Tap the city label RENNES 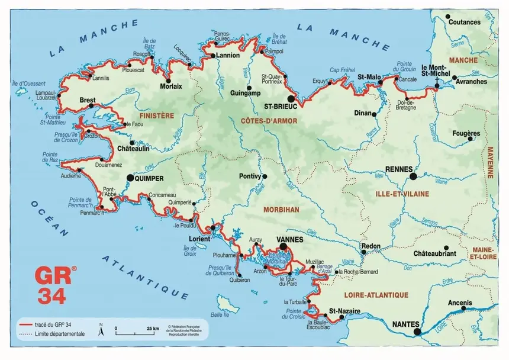[398, 169]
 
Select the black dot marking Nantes [417, 332]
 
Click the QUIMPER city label [149, 177]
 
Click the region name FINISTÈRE [156, 116]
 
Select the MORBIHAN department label [282, 209]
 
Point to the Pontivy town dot [265, 176]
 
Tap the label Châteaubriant [435, 253]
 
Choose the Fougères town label [465, 133]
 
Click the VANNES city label [290, 239]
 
